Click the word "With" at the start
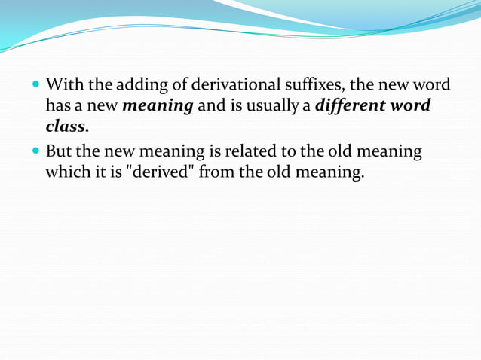pos(63,84)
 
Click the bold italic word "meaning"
pos(158,105)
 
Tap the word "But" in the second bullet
pos(60,151)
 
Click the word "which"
pos(66,172)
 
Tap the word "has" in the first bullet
pos(58,105)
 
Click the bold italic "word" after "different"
pos(411,105)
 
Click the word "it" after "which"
pos(97,172)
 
